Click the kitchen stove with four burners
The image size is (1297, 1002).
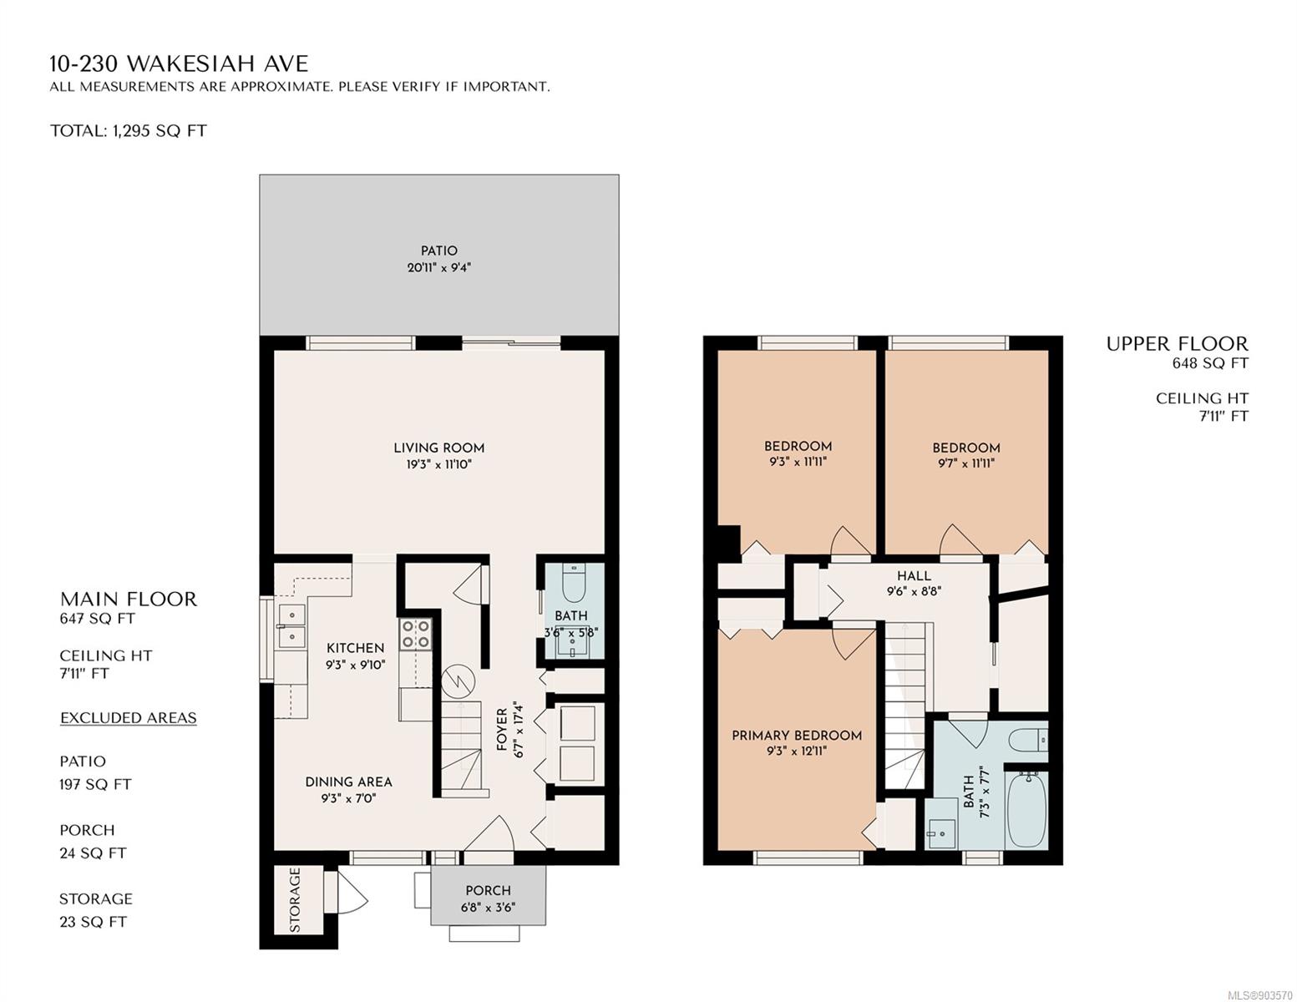coord(415,634)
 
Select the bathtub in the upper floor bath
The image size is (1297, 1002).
coord(1026,809)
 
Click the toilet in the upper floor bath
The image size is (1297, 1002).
coord(1028,740)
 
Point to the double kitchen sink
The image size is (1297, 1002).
coord(291,625)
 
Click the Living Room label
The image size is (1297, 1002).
coord(438,448)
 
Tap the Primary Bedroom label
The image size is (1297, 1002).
coord(797,736)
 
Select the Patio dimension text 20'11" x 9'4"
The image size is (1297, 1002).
coord(438,267)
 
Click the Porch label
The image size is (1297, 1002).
coord(488,890)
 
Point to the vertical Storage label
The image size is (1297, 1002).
coord(295,900)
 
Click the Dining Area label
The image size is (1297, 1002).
coord(348,782)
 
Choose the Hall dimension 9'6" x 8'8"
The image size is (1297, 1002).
coord(914,592)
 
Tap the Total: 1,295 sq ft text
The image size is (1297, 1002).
coord(129,131)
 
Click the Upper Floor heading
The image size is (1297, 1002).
coord(1177,344)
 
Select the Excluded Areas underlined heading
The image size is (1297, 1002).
coord(129,717)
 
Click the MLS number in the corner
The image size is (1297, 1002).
coord(1258,995)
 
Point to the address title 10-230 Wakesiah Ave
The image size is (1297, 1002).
coord(179,63)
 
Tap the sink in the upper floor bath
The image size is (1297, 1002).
coord(941,833)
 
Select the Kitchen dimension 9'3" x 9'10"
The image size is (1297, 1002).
coord(356,665)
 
